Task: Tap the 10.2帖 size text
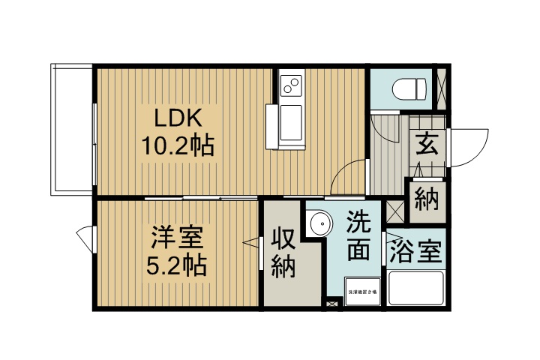[178, 145]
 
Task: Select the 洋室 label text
[177, 238]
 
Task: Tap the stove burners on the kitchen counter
[290, 85]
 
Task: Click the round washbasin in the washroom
[320, 223]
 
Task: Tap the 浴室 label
[415, 252]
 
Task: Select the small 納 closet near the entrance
[426, 201]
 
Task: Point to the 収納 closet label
[283, 253]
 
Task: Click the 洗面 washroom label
[358, 236]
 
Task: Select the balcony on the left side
[72, 129]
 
